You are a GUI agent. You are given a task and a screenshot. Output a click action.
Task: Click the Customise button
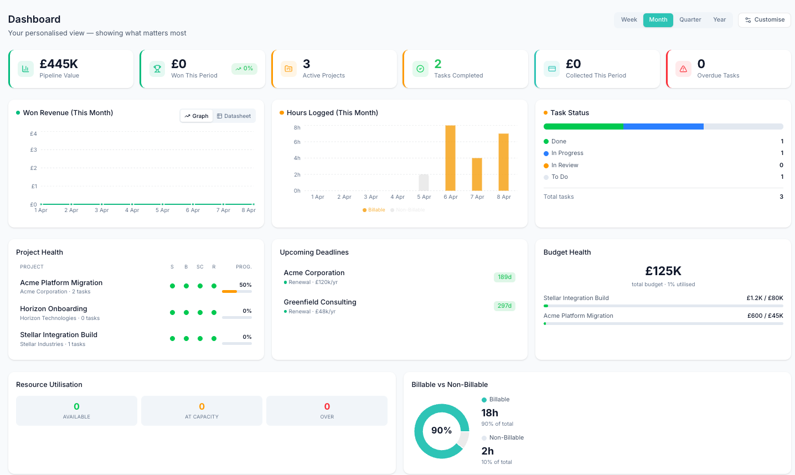(765, 20)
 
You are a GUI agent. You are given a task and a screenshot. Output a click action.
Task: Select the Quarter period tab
(690, 20)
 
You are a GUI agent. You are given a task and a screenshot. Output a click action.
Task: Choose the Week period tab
(629, 20)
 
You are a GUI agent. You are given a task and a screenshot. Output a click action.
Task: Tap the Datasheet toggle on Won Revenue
(234, 116)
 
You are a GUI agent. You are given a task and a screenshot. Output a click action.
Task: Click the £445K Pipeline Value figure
(59, 64)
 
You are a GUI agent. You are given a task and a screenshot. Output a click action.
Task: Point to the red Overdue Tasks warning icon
(683, 69)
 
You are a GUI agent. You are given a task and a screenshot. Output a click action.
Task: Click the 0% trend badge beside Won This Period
(244, 69)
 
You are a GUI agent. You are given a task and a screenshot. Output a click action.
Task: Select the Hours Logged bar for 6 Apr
(450, 158)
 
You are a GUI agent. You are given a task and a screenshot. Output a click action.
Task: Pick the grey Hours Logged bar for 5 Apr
(424, 183)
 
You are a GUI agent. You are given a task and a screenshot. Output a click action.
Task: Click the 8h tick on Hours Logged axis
(297, 127)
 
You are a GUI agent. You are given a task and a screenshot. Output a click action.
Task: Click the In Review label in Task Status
(564, 166)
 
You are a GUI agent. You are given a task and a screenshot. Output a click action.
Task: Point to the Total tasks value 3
(781, 197)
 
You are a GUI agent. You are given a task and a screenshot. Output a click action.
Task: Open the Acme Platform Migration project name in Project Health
(61, 283)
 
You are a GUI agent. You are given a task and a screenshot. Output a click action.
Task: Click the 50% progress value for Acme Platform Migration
(245, 285)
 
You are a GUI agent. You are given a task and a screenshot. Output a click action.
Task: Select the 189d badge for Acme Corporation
(504, 277)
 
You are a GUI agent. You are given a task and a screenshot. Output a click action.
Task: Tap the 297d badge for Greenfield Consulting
(504, 306)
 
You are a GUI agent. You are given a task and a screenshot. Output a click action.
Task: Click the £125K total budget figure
(663, 271)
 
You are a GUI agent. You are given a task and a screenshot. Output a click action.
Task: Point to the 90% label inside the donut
(441, 431)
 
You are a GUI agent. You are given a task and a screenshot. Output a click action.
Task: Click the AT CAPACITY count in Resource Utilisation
(202, 407)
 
